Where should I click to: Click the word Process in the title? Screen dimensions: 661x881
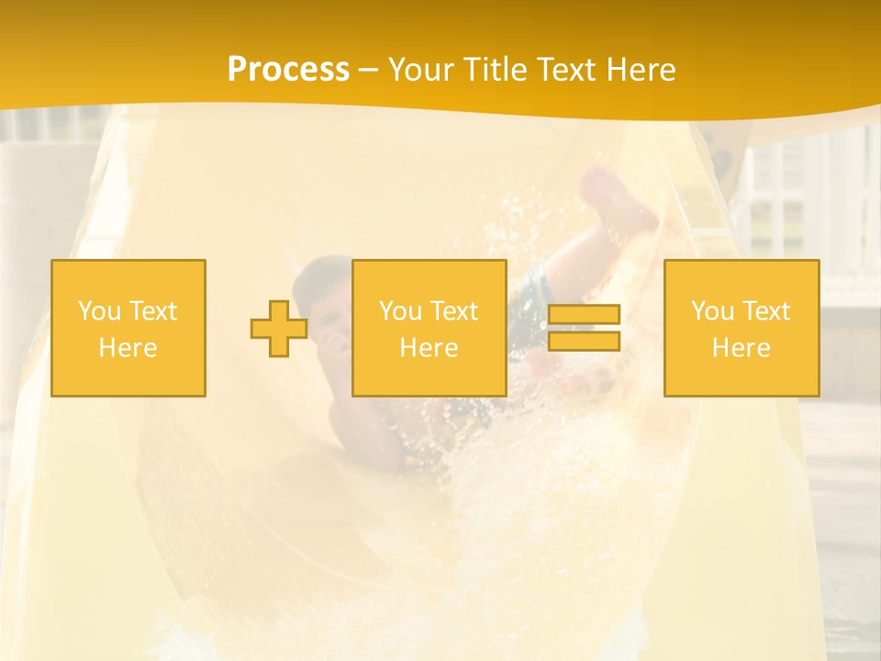[x=288, y=70]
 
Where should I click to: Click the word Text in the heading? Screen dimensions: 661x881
[x=563, y=70]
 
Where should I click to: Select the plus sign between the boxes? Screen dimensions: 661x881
[x=279, y=329]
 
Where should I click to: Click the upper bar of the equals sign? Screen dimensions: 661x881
[x=584, y=314]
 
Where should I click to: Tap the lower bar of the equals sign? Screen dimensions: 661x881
[x=584, y=342]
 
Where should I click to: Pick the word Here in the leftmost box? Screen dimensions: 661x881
[x=128, y=348]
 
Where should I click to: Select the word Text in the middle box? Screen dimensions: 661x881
[x=453, y=311]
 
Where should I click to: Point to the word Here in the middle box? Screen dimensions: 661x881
[x=429, y=348]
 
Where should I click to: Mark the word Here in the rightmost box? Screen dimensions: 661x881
[x=741, y=348]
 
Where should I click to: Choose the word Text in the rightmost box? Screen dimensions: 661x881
[x=765, y=311]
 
